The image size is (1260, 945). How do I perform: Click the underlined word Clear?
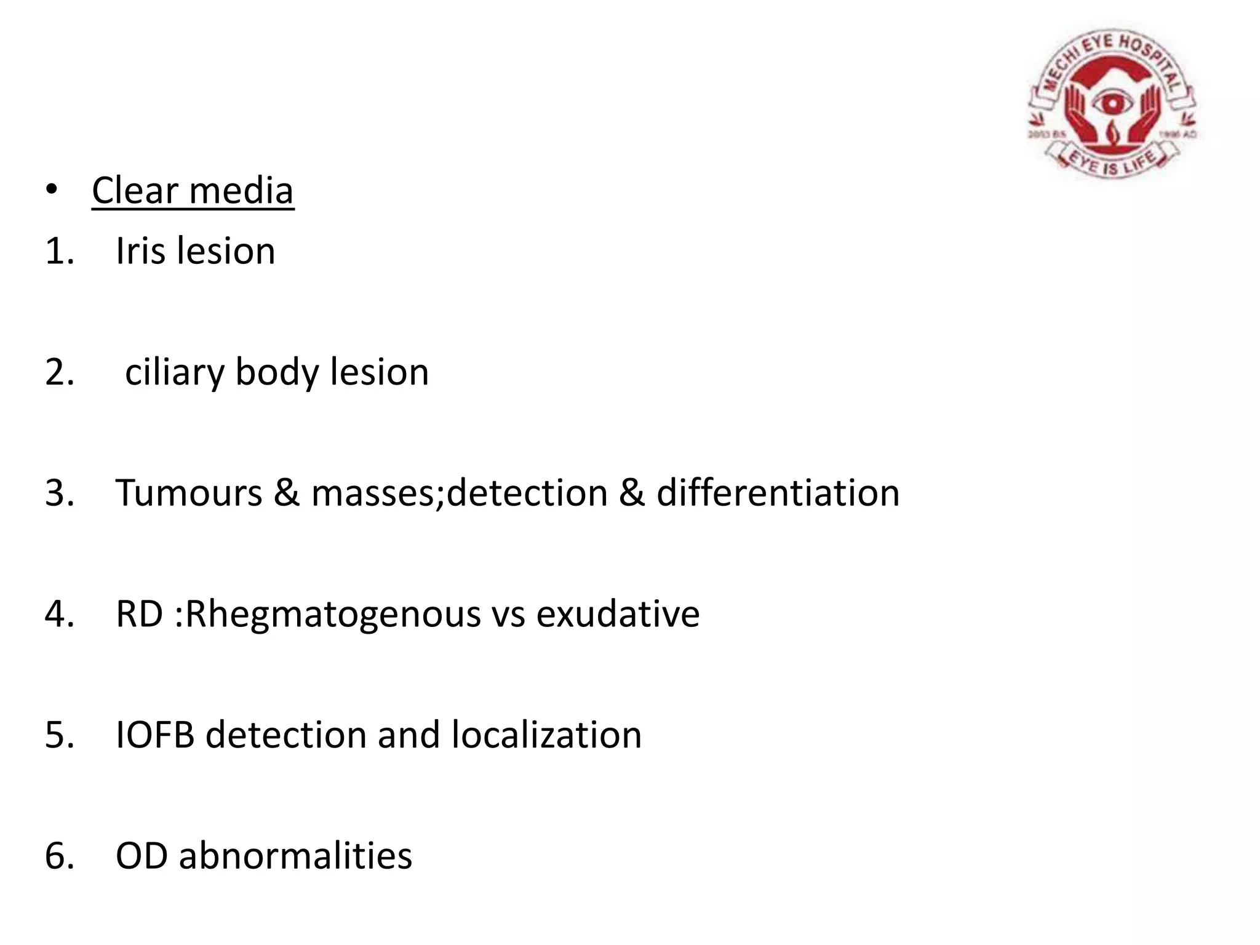click(x=135, y=191)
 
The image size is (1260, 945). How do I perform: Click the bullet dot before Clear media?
click(x=52, y=189)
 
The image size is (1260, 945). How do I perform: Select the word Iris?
click(x=141, y=251)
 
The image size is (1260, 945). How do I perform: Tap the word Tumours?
click(x=189, y=493)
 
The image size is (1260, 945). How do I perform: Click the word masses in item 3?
click(x=377, y=493)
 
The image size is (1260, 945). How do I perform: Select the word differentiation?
click(x=778, y=493)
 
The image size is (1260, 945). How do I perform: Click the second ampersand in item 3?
click(x=632, y=493)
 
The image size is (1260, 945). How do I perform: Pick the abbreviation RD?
click(x=139, y=614)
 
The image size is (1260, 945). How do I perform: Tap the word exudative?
click(x=618, y=614)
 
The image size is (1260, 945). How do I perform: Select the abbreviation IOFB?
click(x=155, y=735)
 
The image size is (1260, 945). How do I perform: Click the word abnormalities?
click(x=295, y=856)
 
